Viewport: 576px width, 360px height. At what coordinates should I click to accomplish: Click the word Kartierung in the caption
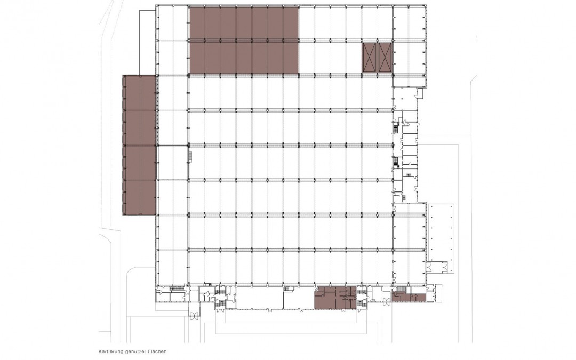pyautogui.click(x=108, y=351)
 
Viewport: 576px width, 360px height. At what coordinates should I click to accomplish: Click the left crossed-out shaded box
pyautogui.click(x=369, y=57)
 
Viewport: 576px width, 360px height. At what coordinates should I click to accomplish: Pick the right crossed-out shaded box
pyautogui.click(x=385, y=57)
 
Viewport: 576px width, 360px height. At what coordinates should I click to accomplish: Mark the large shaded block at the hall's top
pyautogui.click(x=244, y=39)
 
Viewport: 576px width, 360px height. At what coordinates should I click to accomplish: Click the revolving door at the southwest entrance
pyautogui.click(x=194, y=314)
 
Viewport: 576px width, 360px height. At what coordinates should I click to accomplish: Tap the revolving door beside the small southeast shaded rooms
pyautogui.click(x=387, y=302)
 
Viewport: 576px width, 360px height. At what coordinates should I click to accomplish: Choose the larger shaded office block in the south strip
pyautogui.click(x=335, y=298)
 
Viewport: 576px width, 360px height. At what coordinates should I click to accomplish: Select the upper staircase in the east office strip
pyautogui.click(x=395, y=128)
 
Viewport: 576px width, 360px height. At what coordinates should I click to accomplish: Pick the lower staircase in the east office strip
pyautogui.click(x=395, y=162)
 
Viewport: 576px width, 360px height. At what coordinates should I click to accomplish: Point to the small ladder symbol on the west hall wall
pyautogui.click(x=190, y=155)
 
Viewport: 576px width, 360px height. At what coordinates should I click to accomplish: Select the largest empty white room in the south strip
pyautogui.click(x=259, y=298)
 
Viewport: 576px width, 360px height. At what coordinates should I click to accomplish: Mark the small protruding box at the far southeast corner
pyautogui.click(x=437, y=293)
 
